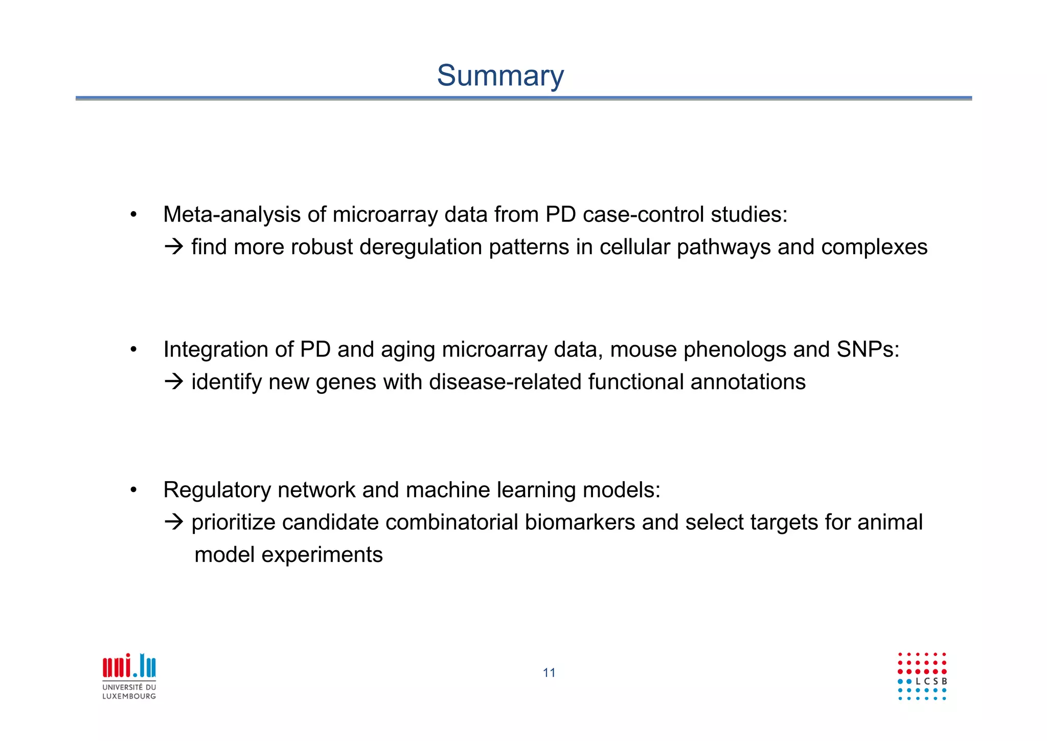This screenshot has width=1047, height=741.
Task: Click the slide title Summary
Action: [500, 76]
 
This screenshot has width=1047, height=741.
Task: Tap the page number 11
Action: [549, 672]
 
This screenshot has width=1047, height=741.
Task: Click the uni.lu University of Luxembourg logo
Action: [129, 676]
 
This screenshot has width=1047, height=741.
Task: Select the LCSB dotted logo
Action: [922, 676]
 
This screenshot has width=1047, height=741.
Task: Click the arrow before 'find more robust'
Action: [174, 247]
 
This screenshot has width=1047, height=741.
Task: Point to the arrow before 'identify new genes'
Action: [174, 382]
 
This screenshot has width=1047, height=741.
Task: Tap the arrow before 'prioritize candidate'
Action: [174, 522]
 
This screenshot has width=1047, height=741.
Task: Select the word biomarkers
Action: [580, 522]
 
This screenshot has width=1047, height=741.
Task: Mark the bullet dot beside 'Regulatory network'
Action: [133, 490]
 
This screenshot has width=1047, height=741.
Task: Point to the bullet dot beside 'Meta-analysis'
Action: [133, 215]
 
